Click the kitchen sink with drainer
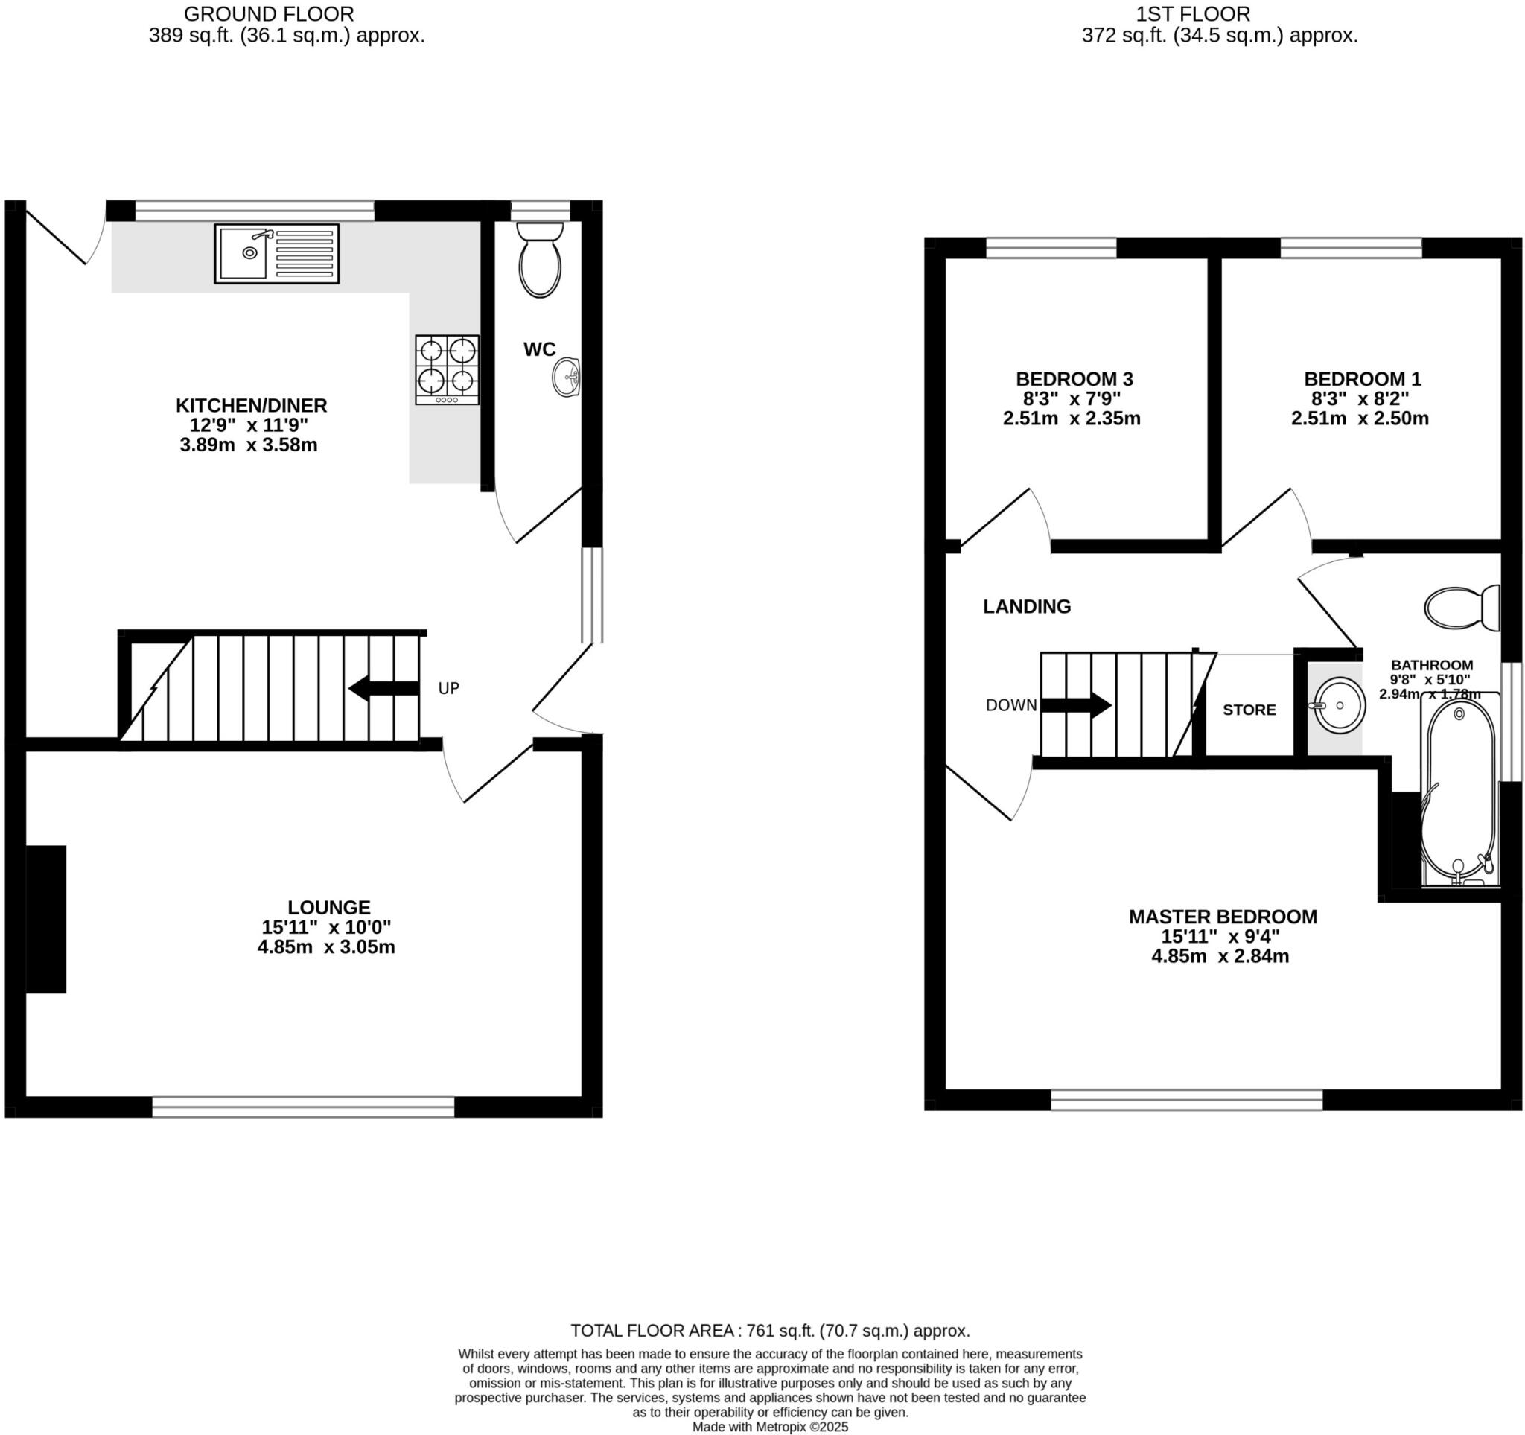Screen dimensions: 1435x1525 (276, 253)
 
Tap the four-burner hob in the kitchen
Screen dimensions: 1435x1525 (448, 369)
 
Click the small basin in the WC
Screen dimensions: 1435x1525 (567, 377)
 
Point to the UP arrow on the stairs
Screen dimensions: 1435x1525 (383, 688)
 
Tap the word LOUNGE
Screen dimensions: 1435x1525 (329, 906)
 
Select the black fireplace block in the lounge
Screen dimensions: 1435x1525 (46, 919)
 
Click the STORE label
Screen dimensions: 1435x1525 (1249, 710)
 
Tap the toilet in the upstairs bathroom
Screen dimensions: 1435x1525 (1461, 608)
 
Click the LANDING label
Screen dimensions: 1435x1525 (1026, 606)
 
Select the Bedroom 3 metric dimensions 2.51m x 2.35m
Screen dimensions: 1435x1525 (1071, 419)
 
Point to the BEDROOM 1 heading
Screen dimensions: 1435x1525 (1362, 378)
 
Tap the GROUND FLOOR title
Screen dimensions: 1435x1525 (269, 14)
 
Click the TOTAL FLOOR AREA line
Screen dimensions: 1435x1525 (769, 1330)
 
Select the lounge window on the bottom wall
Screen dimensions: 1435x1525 (303, 1107)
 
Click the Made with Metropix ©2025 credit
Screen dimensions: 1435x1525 (769, 1427)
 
